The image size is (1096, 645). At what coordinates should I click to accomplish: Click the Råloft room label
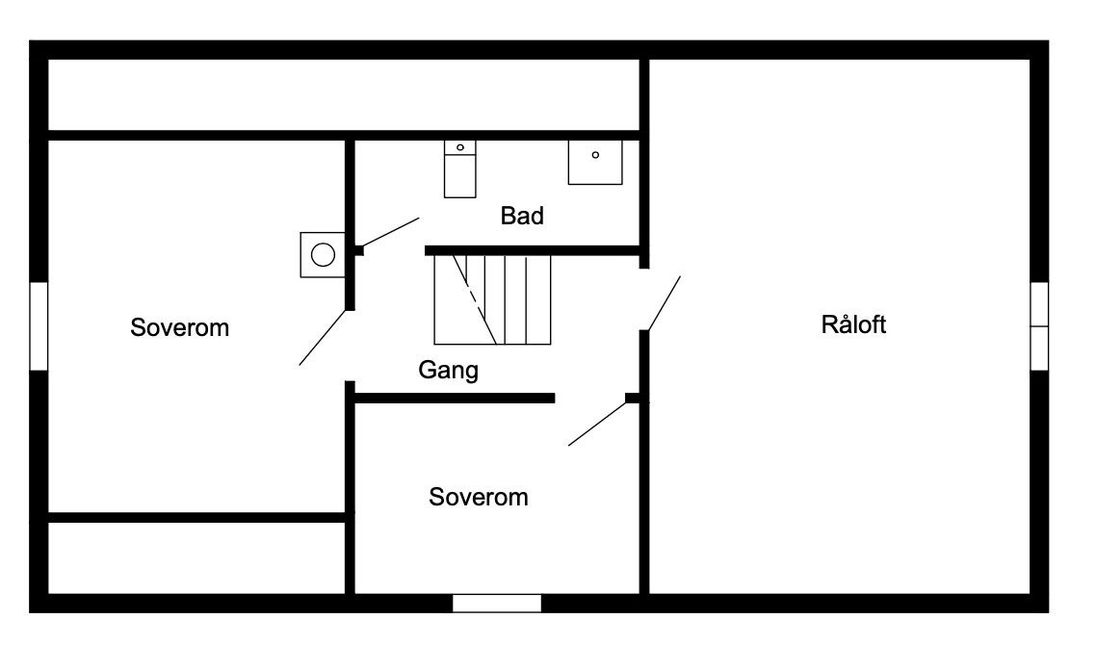853,324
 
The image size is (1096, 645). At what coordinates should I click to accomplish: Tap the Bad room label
522,216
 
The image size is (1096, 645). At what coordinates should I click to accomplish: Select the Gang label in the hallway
448,370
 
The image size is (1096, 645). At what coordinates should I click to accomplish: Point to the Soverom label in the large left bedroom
180,327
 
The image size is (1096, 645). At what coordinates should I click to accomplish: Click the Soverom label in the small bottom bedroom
478,497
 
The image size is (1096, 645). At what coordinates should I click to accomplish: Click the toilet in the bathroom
460,169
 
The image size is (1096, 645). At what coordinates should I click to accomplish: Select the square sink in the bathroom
595,162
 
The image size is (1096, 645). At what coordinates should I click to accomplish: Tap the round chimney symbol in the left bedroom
323,255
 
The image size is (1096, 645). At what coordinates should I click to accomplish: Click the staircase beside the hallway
492,299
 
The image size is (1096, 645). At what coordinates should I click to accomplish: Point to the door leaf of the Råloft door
664,303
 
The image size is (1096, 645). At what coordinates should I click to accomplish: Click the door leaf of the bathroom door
390,232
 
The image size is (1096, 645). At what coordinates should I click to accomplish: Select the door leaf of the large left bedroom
323,338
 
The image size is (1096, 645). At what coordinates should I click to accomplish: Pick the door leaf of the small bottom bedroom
598,425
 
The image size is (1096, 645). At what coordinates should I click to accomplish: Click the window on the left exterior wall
39,326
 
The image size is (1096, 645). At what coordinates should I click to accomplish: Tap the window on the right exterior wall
1039,326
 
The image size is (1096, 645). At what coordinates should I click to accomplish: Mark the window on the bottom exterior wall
497,603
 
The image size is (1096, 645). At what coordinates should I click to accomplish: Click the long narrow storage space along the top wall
344,95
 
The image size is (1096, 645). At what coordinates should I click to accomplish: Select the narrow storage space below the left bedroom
196,557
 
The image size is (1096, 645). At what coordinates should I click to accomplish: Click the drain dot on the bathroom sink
595,155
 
